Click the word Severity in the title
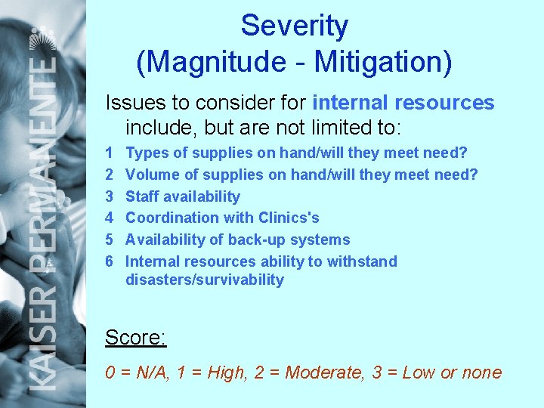tap(294, 26)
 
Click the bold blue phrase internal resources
tap(403, 103)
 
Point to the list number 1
tap(110, 153)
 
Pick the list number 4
tap(110, 218)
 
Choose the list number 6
tap(110, 262)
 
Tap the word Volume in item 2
tap(150, 175)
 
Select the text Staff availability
tap(183, 197)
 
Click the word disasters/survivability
tap(205, 280)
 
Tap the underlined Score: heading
tap(136, 337)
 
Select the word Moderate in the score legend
tap(324, 372)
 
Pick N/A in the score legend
tap(150, 372)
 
